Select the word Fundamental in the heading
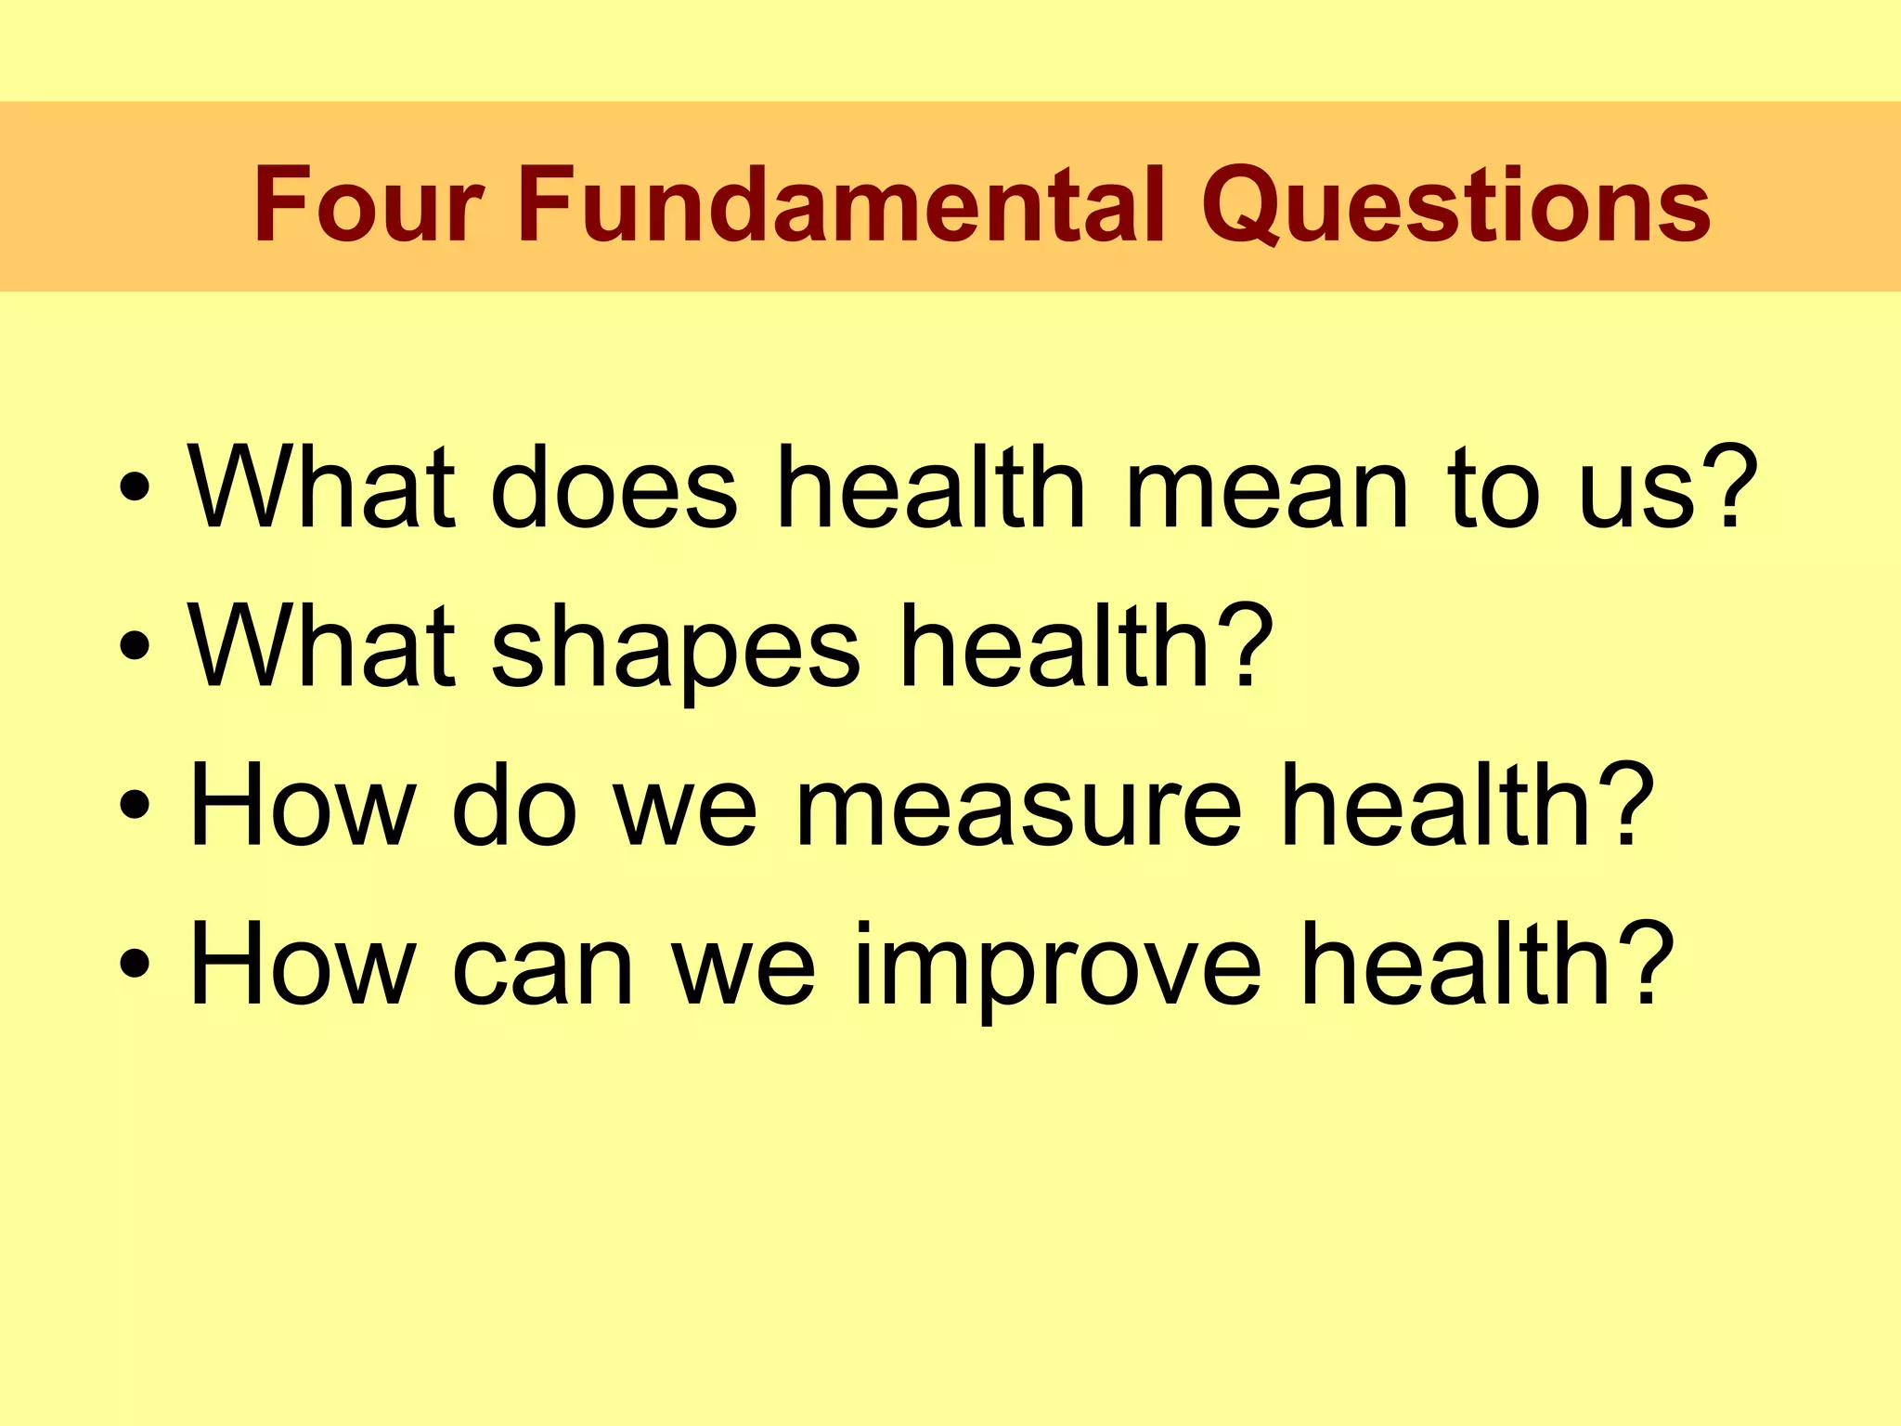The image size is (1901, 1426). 841,203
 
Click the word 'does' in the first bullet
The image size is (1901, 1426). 613,486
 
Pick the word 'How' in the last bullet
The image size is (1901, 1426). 303,963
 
